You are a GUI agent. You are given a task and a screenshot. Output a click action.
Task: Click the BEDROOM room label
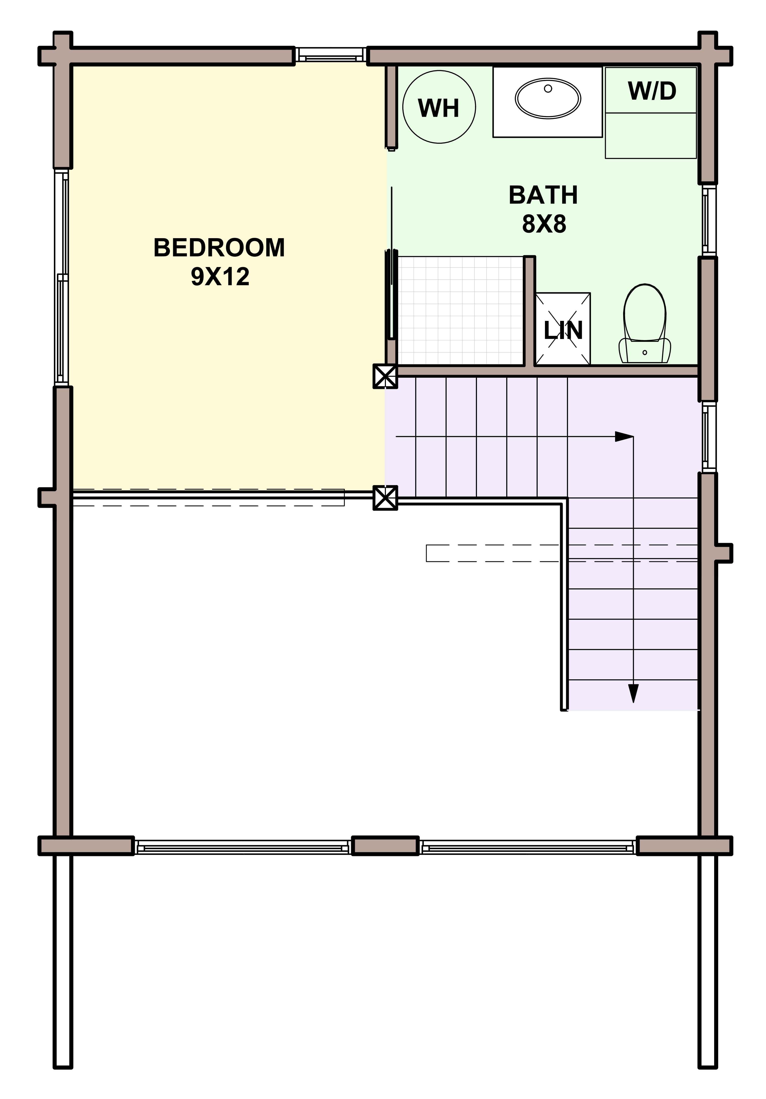click(219, 248)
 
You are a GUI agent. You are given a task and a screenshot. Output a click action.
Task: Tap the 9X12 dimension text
click(220, 277)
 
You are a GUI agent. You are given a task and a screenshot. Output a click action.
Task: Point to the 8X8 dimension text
click(544, 224)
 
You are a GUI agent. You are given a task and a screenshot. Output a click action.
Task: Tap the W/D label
click(651, 91)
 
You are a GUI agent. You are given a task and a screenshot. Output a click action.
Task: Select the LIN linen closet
click(563, 329)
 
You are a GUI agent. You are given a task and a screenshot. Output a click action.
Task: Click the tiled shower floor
click(460, 310)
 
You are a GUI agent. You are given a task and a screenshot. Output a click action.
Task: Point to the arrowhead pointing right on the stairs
click(624, 437)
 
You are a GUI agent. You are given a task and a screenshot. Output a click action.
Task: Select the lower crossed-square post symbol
click(385, 497)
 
